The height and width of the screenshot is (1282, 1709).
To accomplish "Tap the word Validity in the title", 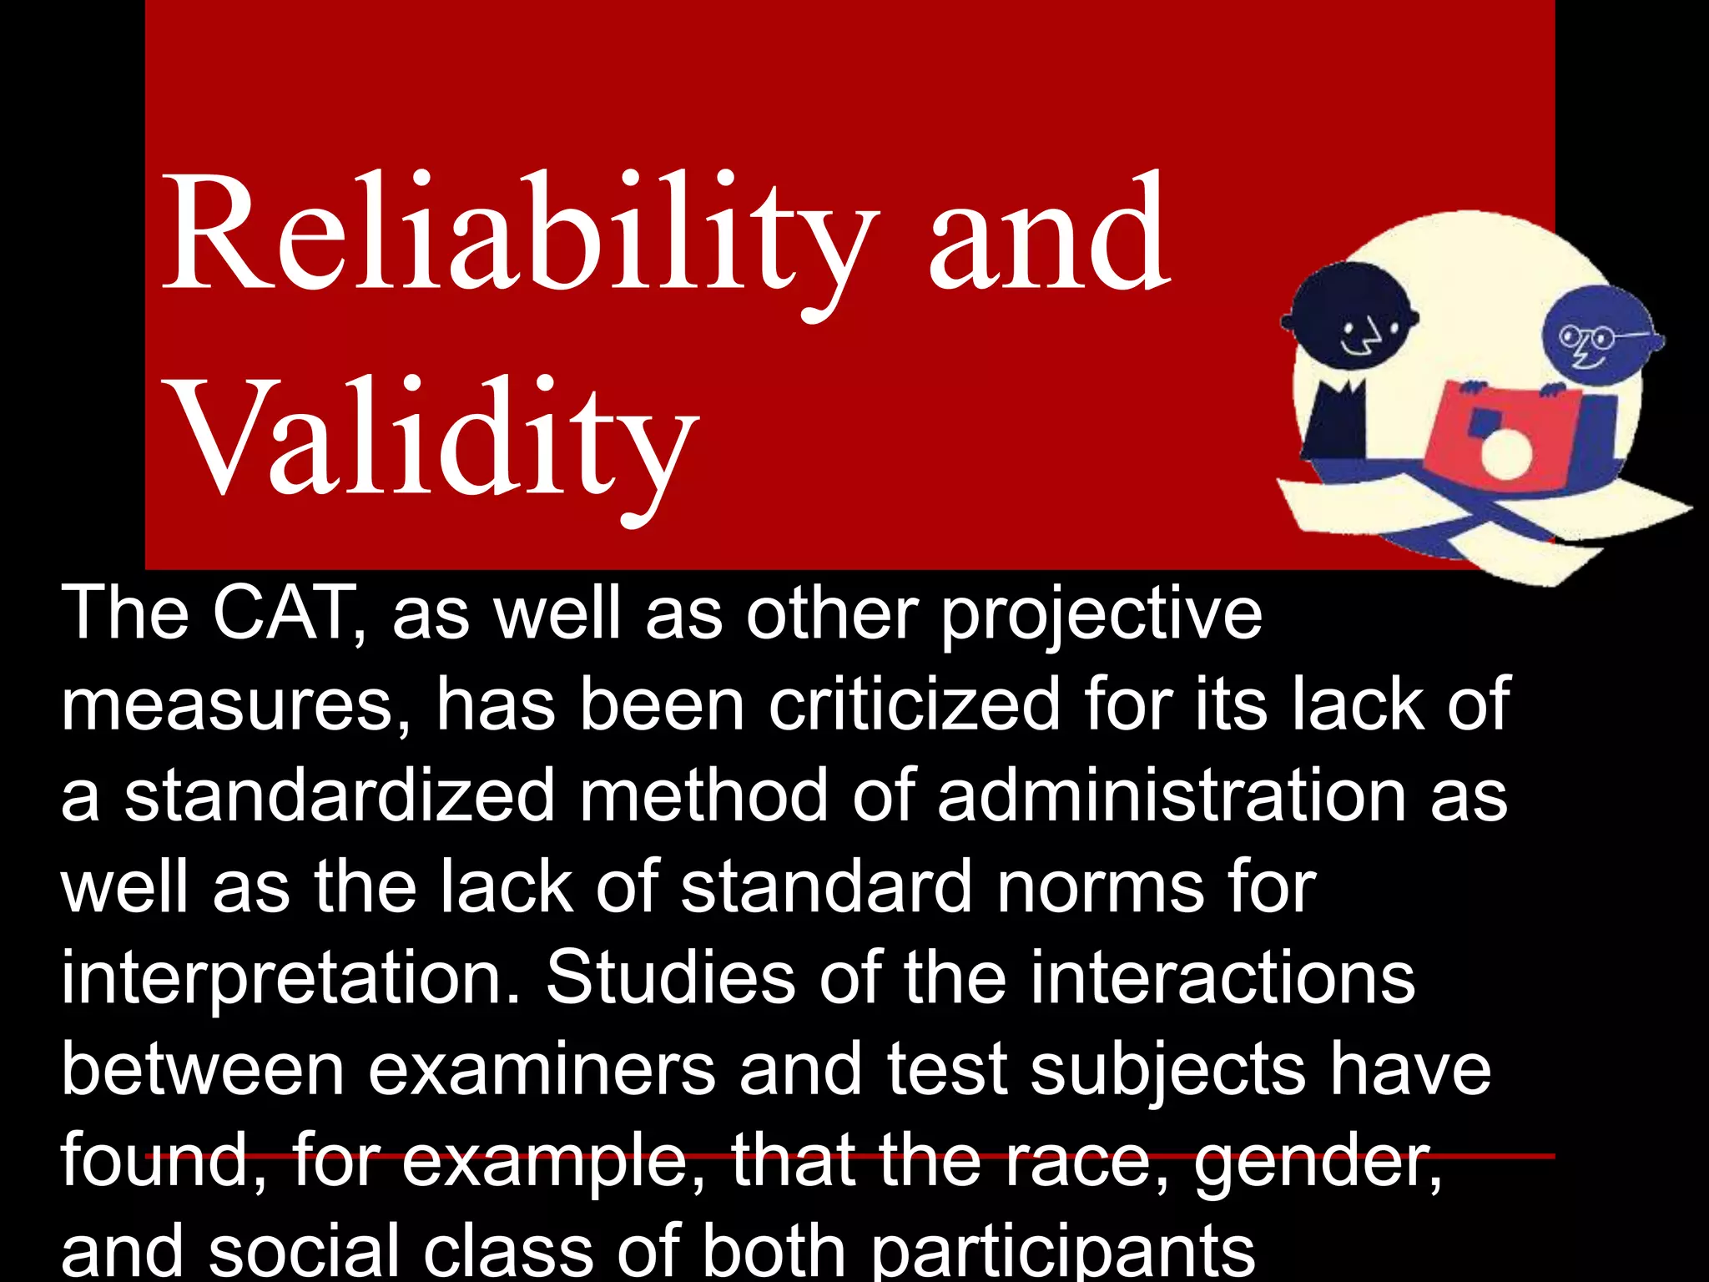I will pyautogui.click(x=434, y=438).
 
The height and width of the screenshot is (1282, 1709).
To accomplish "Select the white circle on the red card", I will pyautogui.click(x=1505, y=455).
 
